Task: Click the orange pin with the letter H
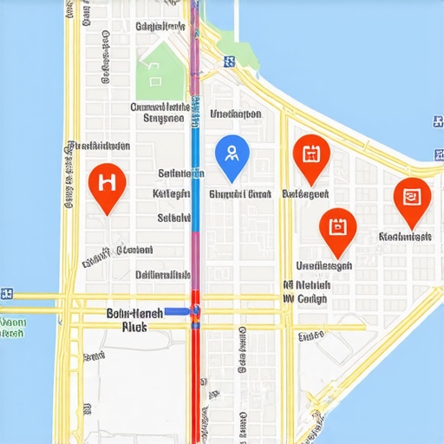coord(108,183)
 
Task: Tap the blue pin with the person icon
coord(232,154)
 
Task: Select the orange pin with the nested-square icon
coord(411,197)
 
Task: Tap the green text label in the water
coord(12,327)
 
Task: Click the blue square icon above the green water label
coord(7,293)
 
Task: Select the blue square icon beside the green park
coord(229,62)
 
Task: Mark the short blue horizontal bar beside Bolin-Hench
coord(179,310)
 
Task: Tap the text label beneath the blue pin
coord(240,194)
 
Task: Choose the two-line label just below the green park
coord(159,113)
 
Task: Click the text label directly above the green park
coord(161,27)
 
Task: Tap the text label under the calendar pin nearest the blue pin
coord(306,194)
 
